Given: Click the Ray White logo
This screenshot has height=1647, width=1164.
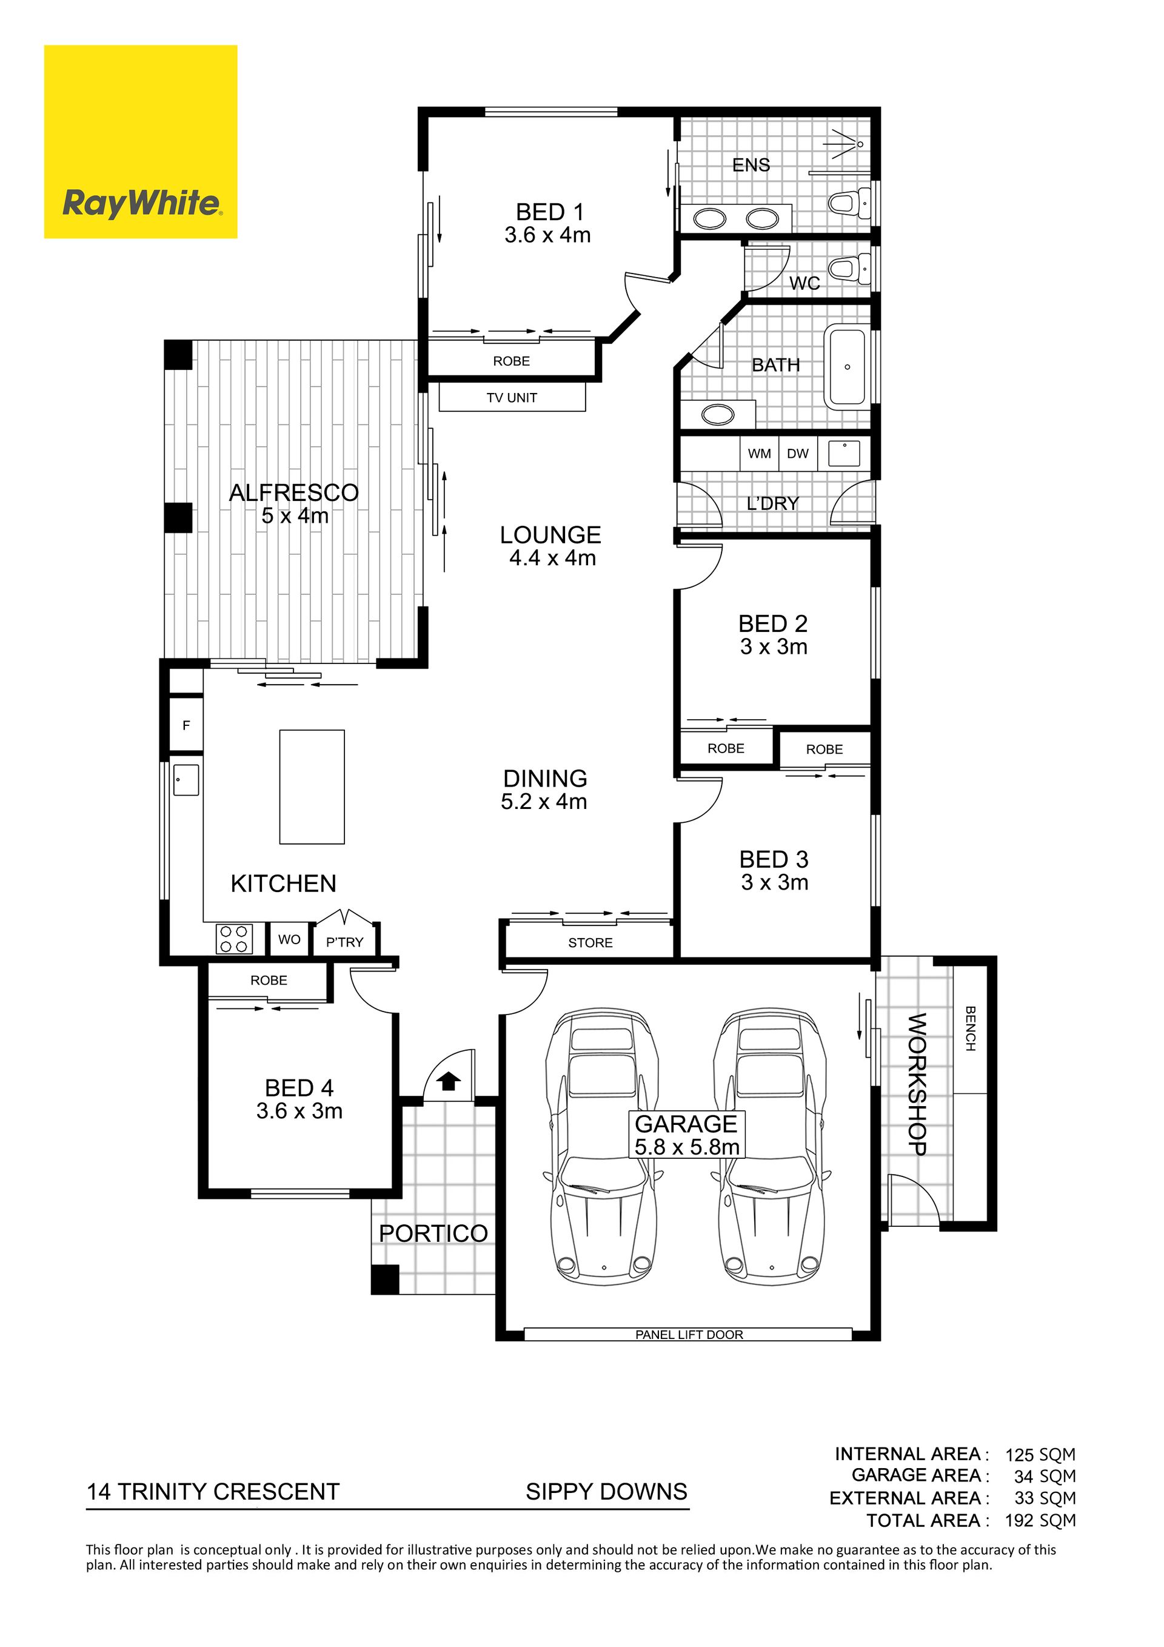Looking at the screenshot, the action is coord(141,141).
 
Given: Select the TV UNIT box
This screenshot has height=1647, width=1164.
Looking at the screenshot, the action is coord(512,397).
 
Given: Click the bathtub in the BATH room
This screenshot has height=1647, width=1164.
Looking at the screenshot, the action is coord(848,366).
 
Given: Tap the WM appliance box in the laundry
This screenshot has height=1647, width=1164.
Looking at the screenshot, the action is coord(760,454).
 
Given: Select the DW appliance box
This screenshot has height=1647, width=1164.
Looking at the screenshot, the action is coord(797,454).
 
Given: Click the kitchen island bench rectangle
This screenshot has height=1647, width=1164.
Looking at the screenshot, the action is coord(312,786).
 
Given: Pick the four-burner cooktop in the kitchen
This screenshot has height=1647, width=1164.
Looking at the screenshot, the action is coord(235,939).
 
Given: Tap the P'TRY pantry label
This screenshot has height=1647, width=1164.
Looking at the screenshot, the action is coord(345,942).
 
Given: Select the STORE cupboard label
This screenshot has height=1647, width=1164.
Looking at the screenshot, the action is coord(590,942).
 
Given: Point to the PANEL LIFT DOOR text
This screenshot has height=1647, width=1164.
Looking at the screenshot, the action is coord(689,1334).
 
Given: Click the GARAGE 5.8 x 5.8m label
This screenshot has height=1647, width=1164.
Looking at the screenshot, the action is coord(687,1135).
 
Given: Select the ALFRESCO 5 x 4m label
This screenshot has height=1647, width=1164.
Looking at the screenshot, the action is coord(294,503).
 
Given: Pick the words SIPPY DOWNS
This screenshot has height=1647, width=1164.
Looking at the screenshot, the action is coord(607,1492).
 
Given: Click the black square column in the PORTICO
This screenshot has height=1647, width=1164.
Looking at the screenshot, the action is coord(385,1280).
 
